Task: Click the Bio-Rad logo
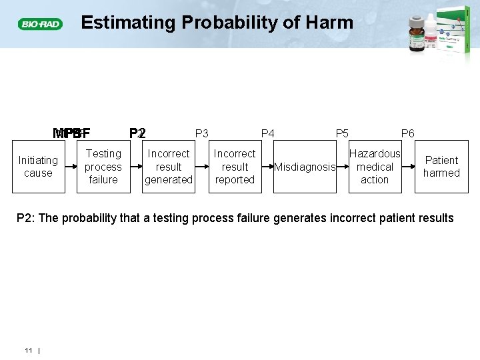click(41, 24)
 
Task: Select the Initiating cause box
click(38, 167)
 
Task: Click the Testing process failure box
click(103, 167)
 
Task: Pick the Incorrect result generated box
click(169, 167)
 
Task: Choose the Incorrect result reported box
click(235, 167)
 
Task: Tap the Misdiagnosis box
click(305, 167)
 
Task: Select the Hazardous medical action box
click(375, 167)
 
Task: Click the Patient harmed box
click(441, 167)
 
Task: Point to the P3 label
click(201, 133)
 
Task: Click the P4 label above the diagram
click(267, 133)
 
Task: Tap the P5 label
click(342, 133)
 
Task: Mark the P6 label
click(407, 133)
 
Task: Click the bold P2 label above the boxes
click(137, 133)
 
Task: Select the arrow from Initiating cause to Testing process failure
click(71, 167)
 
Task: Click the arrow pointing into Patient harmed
click(408, 167)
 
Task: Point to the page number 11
click(29, 350)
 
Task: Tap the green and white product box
click(455, 31)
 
